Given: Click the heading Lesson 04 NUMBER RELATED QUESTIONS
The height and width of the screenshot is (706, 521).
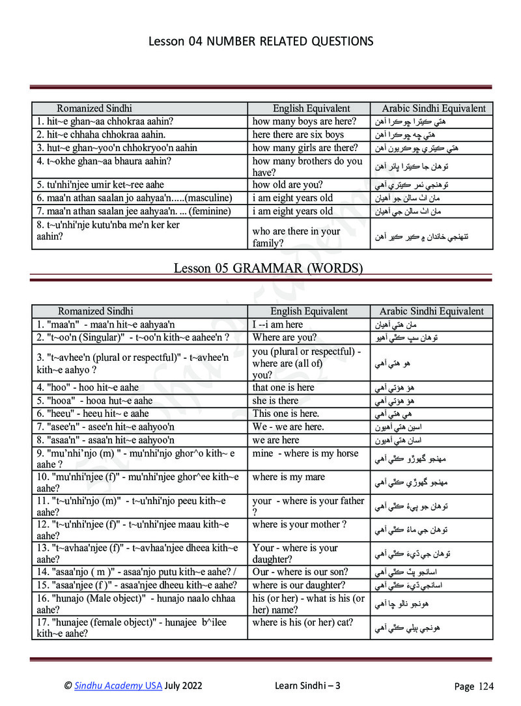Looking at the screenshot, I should [260, 42].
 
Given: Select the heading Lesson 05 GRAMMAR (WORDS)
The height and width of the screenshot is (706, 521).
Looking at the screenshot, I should [268, 268].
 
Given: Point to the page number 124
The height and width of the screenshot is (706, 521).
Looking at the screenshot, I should [484, 686].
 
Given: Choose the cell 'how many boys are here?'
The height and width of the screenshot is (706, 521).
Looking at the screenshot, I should [304, 122].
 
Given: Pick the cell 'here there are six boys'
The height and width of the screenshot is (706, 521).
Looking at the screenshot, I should [298, 135].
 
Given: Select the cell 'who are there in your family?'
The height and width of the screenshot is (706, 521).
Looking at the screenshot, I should [296, 237].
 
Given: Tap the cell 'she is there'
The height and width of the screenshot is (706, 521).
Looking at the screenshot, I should [275, 401].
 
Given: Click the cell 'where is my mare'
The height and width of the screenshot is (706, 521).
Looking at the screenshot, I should [289, 477].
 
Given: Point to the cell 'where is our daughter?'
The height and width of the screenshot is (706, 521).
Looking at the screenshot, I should [299, 585].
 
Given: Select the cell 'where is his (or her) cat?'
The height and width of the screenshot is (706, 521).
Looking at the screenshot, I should [302, 623].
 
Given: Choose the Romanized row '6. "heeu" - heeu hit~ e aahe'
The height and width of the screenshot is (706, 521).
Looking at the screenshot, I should [93, 414].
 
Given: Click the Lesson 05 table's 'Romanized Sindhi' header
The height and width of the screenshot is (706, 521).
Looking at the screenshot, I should [95, 311].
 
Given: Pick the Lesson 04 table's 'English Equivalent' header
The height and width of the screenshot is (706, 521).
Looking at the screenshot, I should [311, 109].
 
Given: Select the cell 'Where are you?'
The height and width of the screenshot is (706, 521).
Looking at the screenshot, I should [285, 337].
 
